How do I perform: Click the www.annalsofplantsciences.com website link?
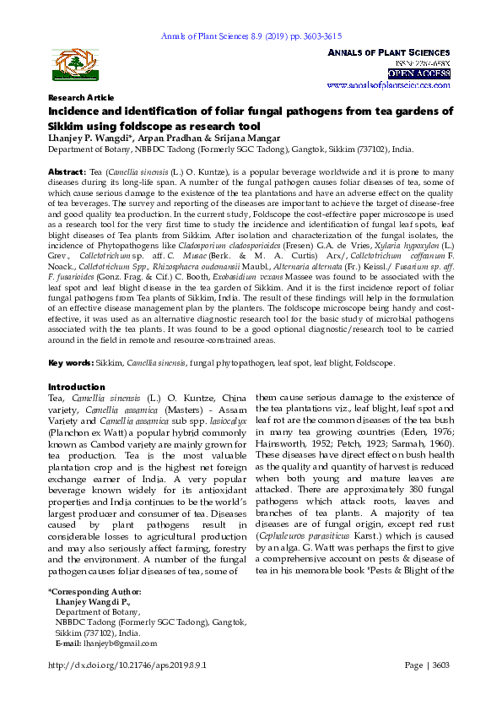pos(388,85)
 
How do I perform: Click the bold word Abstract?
pos(65,171)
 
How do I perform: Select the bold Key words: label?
pos(70,362)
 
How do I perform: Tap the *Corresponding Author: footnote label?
pos(94,591)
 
